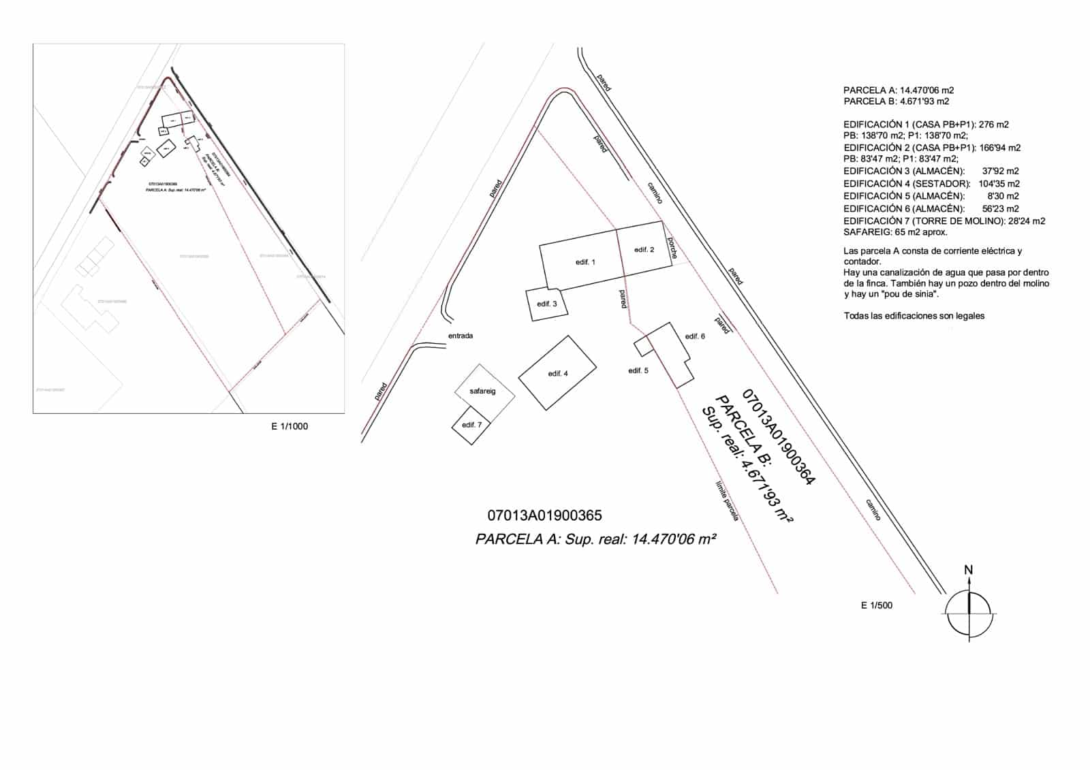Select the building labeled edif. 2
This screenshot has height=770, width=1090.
(x=644, y=250)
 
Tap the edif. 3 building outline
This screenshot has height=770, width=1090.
(x=546, y=304)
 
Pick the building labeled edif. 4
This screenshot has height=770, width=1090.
(x=557, y=373)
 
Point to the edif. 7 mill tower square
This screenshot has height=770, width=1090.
(x=471, y=425)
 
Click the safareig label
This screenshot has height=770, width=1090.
(x=482, y=391)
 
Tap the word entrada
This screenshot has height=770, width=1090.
(x=461, y=336)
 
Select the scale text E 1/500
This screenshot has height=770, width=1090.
(x=877, y=605)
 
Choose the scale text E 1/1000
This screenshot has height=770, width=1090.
(x=290, y=427)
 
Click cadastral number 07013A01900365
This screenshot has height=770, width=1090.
(x=544, y=516)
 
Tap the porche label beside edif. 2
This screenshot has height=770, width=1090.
(x=672, y=248)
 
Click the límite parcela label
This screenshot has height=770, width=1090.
(x=727, y=502)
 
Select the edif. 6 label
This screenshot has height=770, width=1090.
(x=695, y=336)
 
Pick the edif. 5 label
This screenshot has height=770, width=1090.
(x=638, y=370)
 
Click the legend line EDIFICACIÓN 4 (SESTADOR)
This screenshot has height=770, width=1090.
(x=931, y=184)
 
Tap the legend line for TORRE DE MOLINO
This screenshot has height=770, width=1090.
(x=944, y=221)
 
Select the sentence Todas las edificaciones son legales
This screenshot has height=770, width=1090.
(x=914, y=316)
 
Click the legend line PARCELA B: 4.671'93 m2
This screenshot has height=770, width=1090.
(x=896, y=101)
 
